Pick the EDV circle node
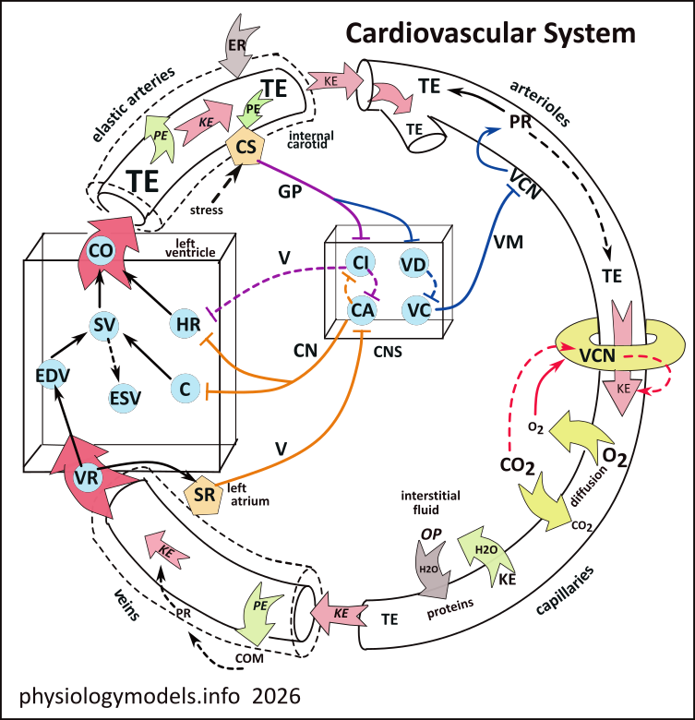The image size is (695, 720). click(53, 377)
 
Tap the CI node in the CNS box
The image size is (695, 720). click(362, 264)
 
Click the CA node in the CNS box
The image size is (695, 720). click(362, 309)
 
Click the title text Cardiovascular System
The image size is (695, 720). click(490, 33)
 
